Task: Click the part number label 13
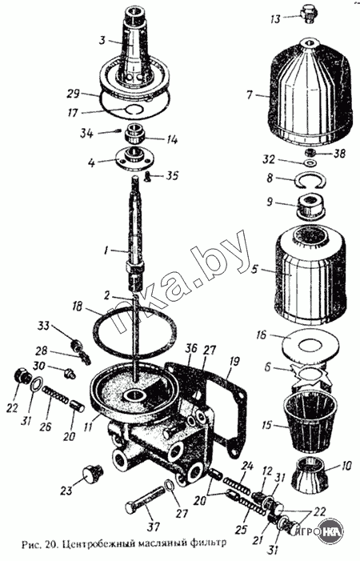click(275, 18)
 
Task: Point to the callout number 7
click(249, 95)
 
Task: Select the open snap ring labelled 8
click(309, 180)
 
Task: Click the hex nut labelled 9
click(310, 206)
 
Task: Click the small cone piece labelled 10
click(309, 473)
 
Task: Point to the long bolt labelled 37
click(146, 498)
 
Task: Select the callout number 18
click(78, 307)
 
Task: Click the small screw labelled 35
click(148, 175)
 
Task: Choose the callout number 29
click(74, 95)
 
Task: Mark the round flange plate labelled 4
click(134, 158)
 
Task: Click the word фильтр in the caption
click(206, 543)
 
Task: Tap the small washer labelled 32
click(310, 164)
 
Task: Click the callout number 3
click(102, 40)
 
